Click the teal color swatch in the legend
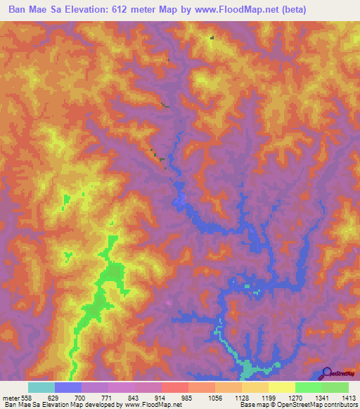[41, 387]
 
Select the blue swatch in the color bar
[68, 387]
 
